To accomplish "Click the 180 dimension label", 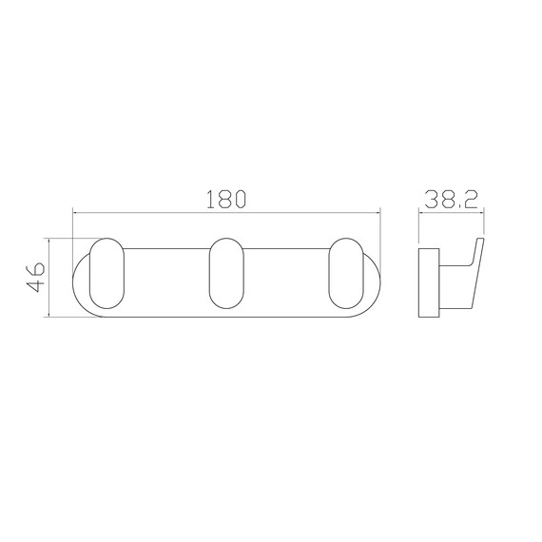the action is (x=226, y=199).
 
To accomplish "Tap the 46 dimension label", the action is (x=36, y=278).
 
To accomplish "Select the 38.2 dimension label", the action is (x=451, y=200).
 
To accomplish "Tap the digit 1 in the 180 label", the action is (x=210, y=199).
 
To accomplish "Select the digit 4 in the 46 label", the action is (x=36, y=285).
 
